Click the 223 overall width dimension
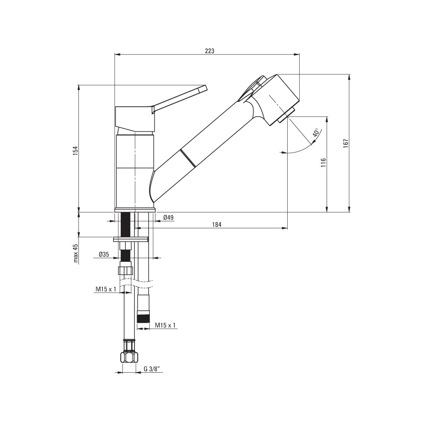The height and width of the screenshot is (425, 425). coord(209,51)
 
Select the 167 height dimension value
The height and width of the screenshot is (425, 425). coord(345,143)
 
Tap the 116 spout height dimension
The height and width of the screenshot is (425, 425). coord(323,162)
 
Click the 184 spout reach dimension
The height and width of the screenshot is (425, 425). coord(217,225)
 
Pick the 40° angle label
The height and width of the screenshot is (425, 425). coord(316,133)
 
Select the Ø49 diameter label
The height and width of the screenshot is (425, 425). coord(168,217)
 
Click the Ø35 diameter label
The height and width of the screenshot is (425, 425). coord(104,254)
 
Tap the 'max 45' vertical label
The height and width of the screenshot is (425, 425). coord(76,253)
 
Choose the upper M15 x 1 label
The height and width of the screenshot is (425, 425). coord(106,289)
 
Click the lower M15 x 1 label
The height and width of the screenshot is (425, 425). coord(166,325)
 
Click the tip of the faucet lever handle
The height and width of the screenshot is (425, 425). coord(203,88)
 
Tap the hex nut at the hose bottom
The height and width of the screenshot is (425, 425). coord(128,357)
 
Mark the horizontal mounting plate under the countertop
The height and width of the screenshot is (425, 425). coord(131,239)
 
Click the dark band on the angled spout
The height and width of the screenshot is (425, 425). coord(187,159)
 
